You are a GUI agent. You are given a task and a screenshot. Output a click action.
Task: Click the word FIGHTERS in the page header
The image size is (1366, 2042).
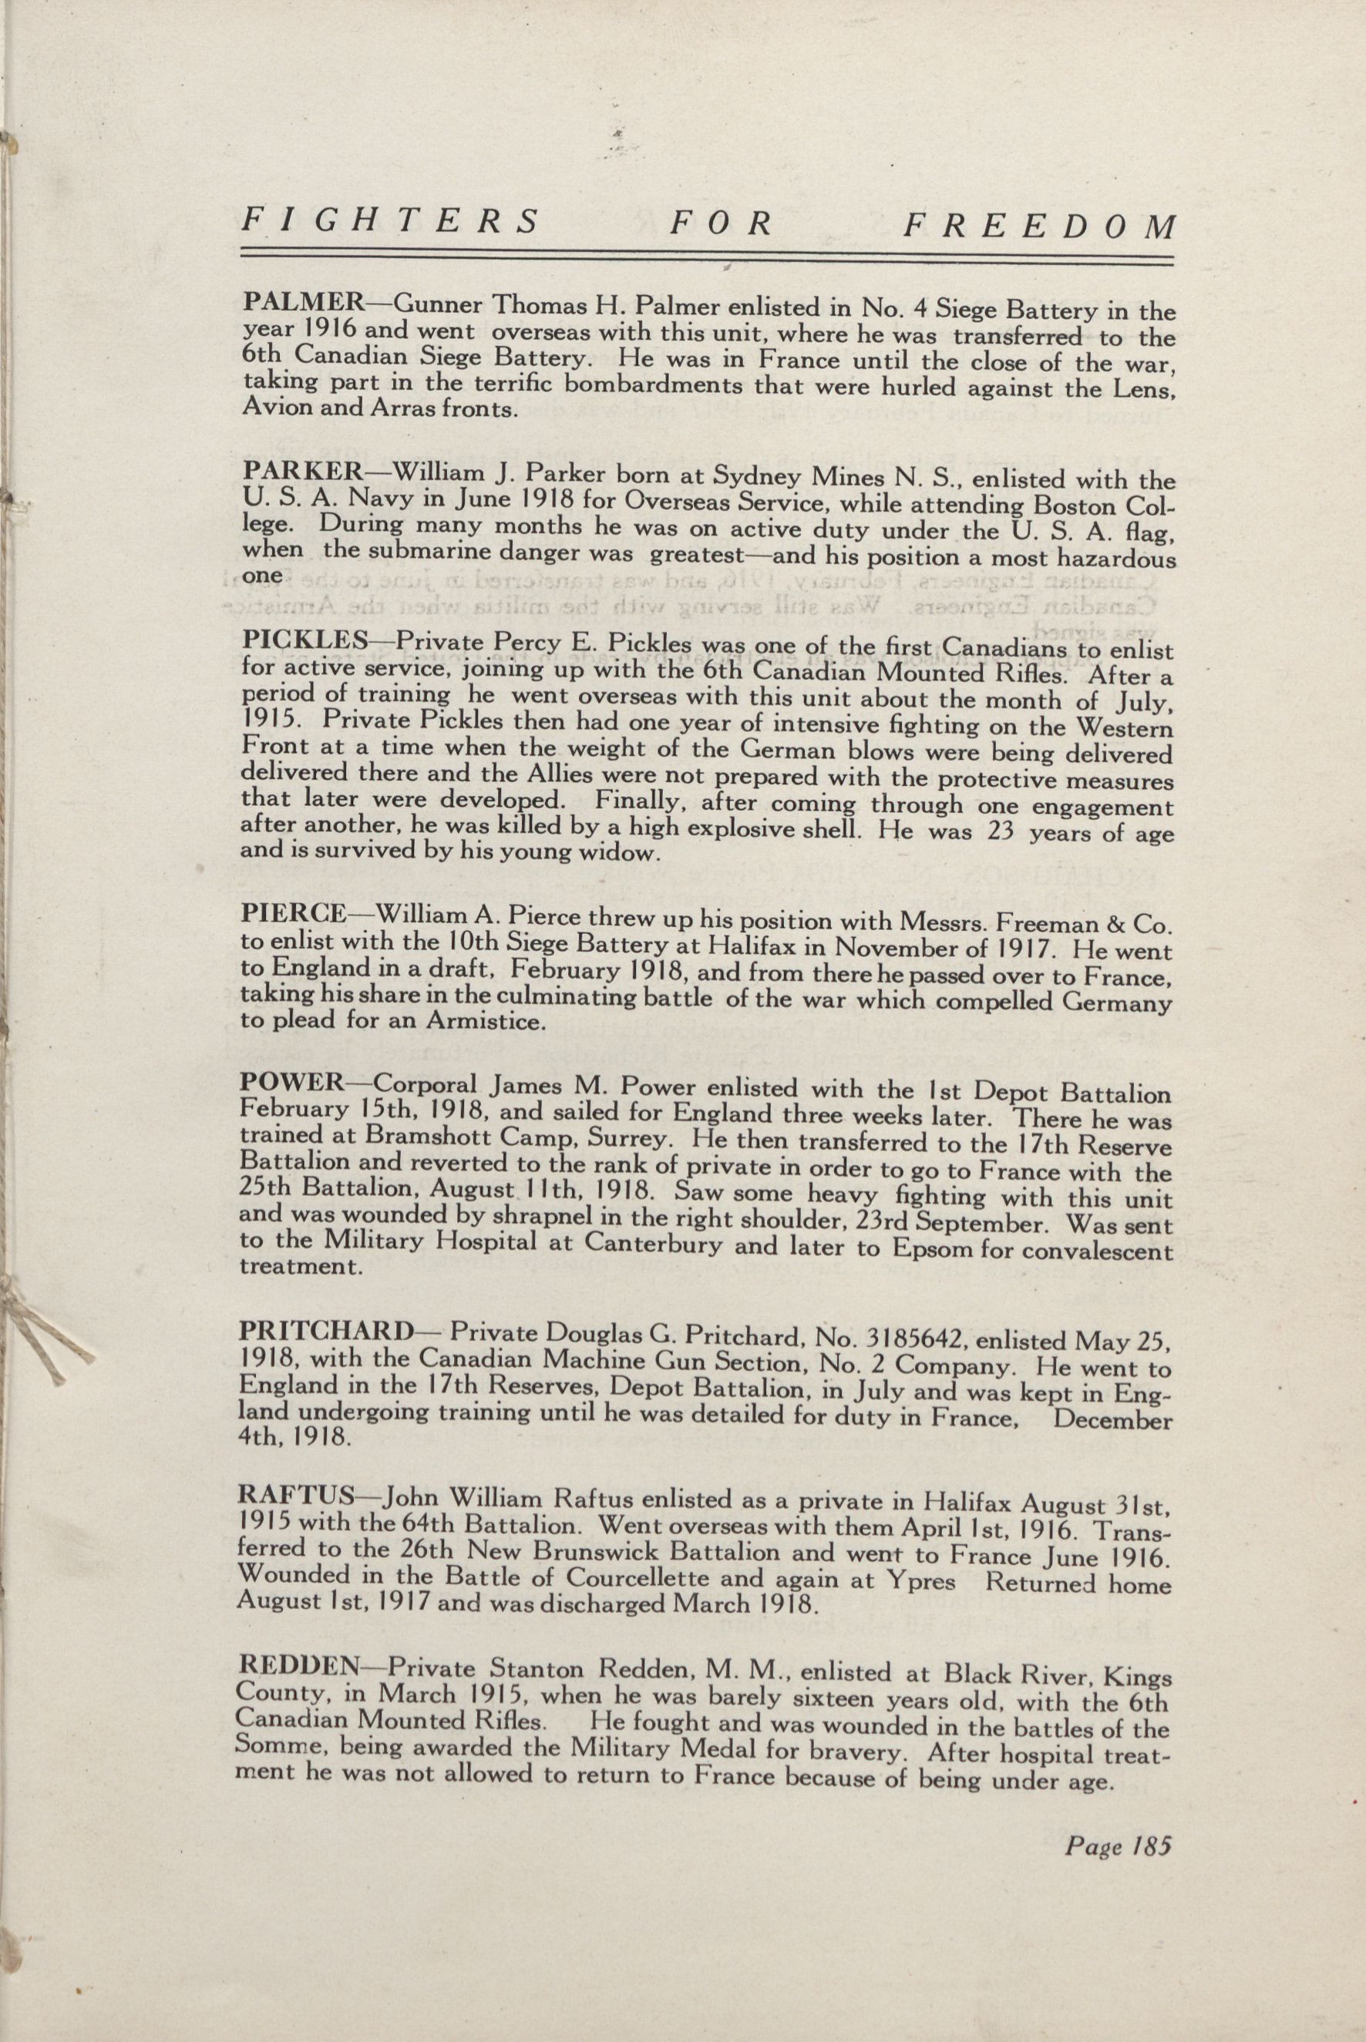click(389, 223)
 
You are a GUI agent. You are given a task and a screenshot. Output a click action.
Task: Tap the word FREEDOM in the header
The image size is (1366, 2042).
click(1039, 227)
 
